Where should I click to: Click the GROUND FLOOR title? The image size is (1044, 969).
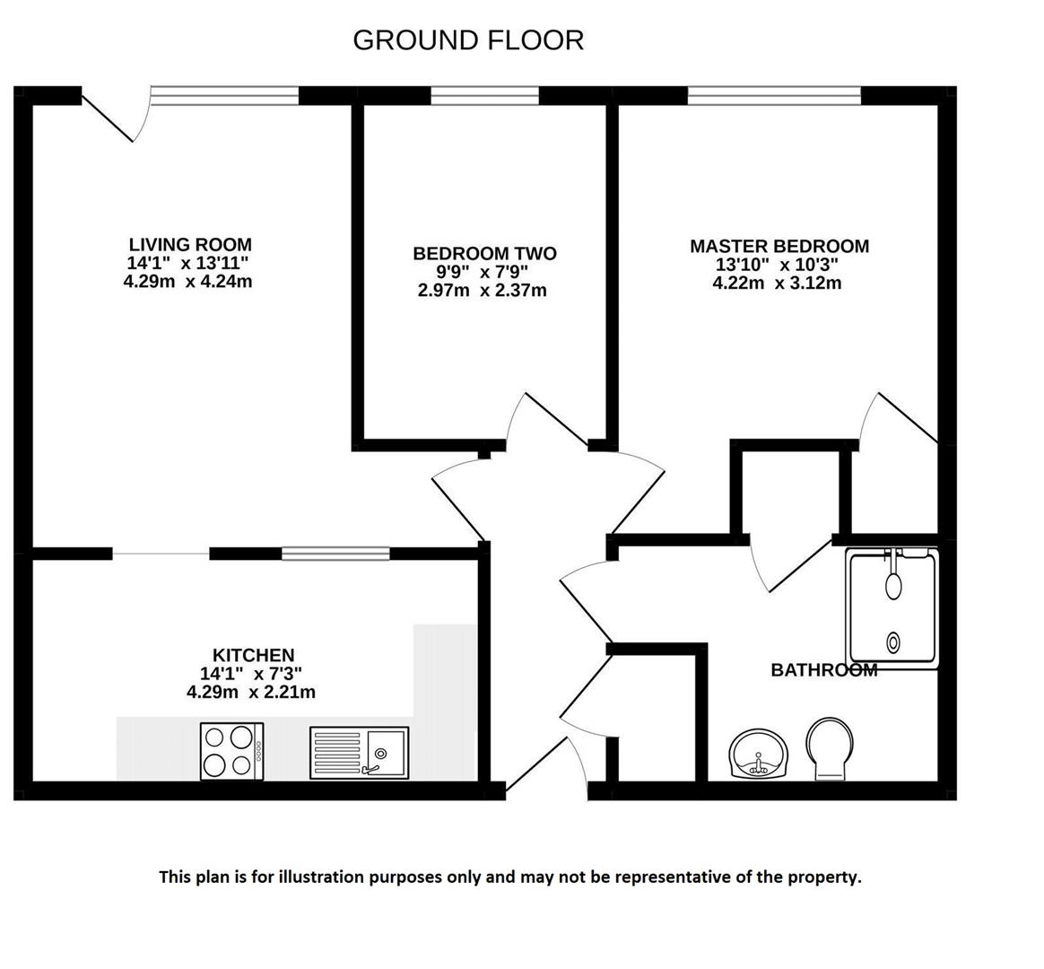tap(467, 40)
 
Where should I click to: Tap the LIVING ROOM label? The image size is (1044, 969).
tap(190, 244)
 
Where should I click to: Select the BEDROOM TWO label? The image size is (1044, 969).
tap(484, 254)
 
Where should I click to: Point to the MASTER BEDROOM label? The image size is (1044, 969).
tap(779, 246)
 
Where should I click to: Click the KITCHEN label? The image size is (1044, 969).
tap(253, 655)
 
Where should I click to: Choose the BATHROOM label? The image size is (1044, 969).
tap(823, 670)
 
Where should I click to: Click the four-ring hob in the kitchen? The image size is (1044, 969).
tap(231, 751)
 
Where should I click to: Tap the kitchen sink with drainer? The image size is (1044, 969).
tap(359, 752)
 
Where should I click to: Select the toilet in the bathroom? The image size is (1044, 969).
tap(830, 748)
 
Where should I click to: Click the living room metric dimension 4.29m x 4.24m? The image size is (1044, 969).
tap(187, 282)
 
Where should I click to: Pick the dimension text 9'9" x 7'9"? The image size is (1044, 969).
tap(483, 272)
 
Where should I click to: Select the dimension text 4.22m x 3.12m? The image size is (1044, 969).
tap(777, 284)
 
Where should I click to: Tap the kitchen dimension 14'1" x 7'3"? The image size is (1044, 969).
tap(251, 674)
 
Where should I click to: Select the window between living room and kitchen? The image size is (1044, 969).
tap(335, 553)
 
